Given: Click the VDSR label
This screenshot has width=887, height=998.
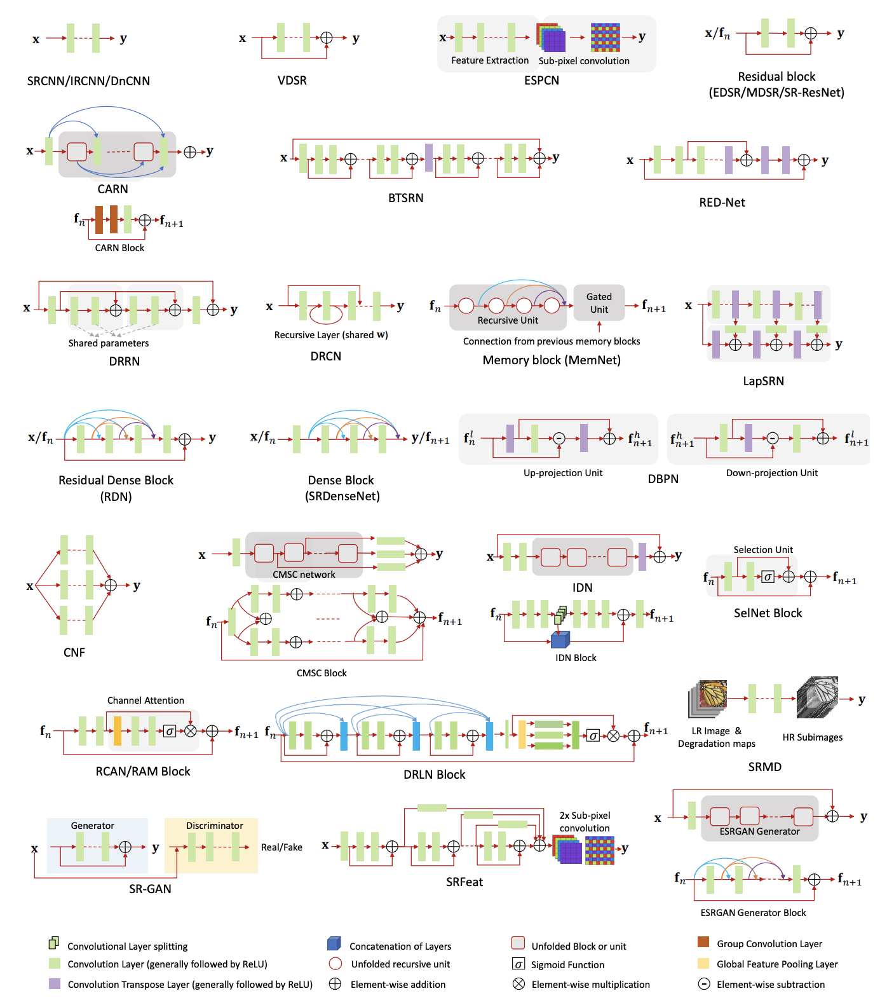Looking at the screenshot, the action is (x=292, y=80).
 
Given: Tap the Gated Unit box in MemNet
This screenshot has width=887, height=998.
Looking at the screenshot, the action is (x=599, y=303).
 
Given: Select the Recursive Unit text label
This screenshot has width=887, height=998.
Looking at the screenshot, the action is (x=508, y=320).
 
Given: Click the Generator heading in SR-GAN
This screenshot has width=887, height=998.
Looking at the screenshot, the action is (x=92, y=825).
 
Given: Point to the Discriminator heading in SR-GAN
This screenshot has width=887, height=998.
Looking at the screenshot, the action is (x=214, y=825).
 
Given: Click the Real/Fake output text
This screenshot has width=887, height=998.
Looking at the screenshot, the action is (x=281, y=847).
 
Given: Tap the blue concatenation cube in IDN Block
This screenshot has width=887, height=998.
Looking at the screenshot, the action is (x=560, y=639).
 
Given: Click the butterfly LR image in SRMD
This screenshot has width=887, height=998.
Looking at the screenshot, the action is (x=708, y=698).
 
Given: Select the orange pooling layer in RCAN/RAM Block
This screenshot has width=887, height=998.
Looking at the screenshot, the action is (x=118, y=730).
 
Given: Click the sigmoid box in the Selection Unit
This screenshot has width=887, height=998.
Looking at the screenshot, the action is (x=768, y=577).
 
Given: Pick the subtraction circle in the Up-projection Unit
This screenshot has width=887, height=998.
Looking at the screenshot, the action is (x=559, y=439).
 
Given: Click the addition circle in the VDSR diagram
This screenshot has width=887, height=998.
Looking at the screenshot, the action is (x=326, y=38).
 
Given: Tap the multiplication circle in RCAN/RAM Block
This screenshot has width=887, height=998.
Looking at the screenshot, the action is (x=190, y=731).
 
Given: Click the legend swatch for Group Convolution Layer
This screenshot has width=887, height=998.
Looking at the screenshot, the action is (x=703, y=941).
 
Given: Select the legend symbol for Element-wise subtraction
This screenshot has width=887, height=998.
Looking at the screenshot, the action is (x=703, y=984).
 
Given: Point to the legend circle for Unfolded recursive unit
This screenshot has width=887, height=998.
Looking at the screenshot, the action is (x=335, y=964).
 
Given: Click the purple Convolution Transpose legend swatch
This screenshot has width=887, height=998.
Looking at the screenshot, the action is (x=55, y=983).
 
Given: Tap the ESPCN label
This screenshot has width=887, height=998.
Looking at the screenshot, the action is (x=541, y=80).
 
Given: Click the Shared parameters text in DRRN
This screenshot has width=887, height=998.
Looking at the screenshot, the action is (x=109, y=343).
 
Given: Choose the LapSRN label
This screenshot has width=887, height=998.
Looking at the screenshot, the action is (x=763, y=381).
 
